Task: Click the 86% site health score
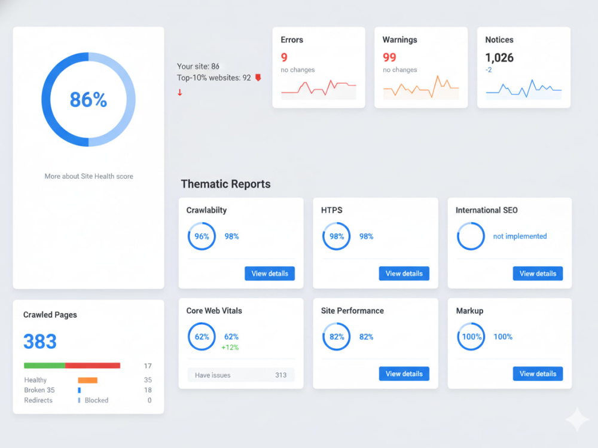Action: (x=88, y=100)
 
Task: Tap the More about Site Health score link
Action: (x=89, y=176)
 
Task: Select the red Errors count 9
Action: (x=284, y=57)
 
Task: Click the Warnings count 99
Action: (x=389, y=57)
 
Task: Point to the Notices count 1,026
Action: (x=499, y=57)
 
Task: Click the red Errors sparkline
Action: (x=319, y=88)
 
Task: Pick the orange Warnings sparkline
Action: (x=421, y=87)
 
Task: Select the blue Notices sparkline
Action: (x=524, y=88)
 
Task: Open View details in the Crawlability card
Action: (x=270, y=274)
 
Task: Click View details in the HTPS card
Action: (x=404, y=274)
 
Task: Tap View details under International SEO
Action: (x=538, y=274)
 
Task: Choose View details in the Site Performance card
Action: (x=404, y=374)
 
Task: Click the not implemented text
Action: (x=520, y=236)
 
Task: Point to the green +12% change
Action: (x=230, y=348)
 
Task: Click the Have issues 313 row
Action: (x=240, y=375)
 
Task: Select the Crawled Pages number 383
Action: (x=40, y=341)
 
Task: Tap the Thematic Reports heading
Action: (x=226, y=184)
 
